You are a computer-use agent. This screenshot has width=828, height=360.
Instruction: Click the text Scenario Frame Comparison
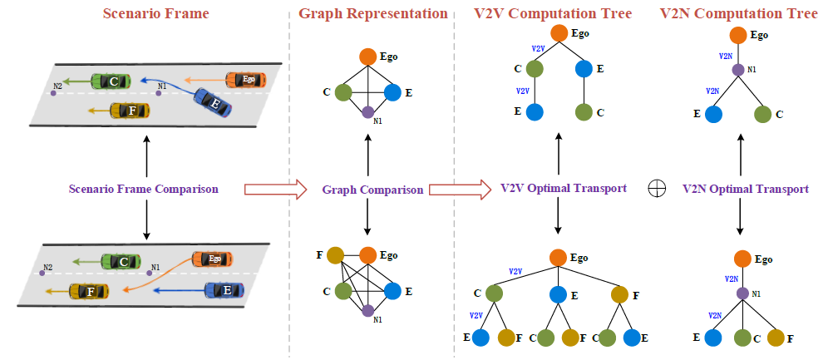(x=144, y=189)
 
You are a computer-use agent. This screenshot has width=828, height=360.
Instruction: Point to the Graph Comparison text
(x=372, y=190)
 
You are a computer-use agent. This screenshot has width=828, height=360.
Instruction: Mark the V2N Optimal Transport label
(x=745, y=189)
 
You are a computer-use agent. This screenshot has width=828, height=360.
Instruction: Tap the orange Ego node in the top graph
(x=368, y=57)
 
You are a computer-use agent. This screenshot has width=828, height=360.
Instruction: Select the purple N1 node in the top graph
(x=368, y=112)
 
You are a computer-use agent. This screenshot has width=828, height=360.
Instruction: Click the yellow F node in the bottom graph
(x=336, y=255)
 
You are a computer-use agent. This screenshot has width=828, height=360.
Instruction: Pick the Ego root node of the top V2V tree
(x=559, y=35)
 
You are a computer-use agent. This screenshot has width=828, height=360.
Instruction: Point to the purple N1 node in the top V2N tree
(x=737, y=70)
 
